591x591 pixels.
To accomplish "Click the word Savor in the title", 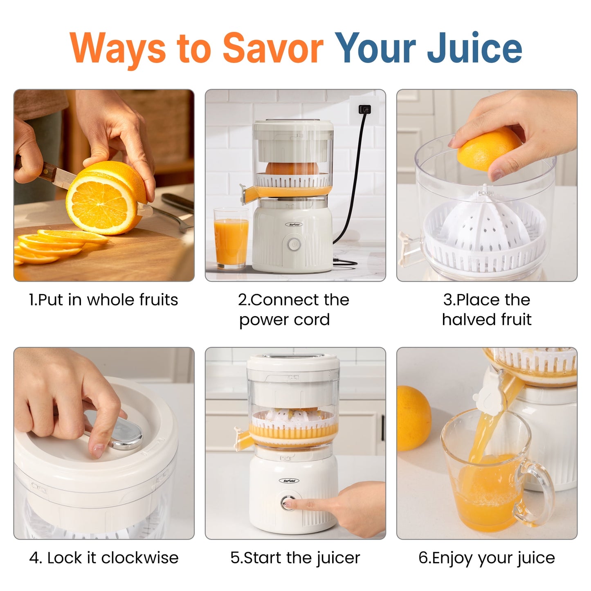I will tap(272, 48).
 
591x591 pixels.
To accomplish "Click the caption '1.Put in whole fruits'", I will tap(103, 300).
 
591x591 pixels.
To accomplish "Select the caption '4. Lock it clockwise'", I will tap(104, 558).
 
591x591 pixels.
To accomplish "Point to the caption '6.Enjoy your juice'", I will tap(487, 558).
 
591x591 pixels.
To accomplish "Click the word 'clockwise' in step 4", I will tap(140, 558).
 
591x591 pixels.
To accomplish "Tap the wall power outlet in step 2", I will tap(364, 109).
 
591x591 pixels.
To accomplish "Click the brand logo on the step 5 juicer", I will tap(291, 481).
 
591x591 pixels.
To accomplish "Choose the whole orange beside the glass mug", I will tap(413, 418).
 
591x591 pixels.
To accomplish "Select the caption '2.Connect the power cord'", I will tap(294, 310).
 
